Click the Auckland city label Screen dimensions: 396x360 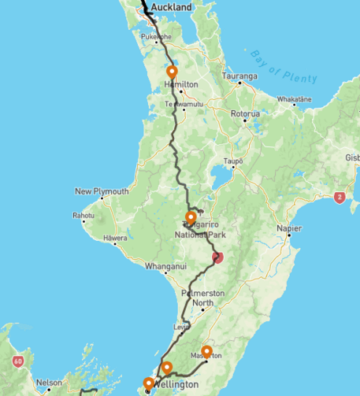(171, 7)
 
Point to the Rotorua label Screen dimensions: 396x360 (244, 114)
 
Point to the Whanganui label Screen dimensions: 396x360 (165, 267)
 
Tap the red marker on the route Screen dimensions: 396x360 (218, 257)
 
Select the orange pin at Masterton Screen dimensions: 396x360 (207, 351)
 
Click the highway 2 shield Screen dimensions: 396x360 (340, 198)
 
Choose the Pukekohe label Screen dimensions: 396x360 (156, 38)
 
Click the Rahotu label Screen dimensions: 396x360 (84, 215)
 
